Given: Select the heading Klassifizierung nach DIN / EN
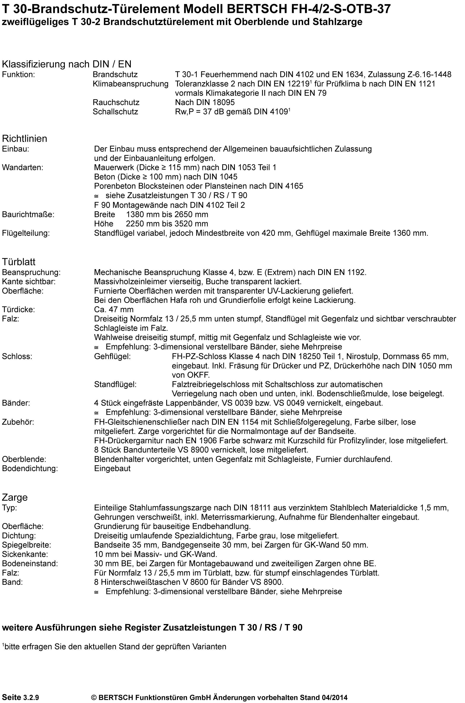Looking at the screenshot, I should pyautogui.click(x=66, y=64).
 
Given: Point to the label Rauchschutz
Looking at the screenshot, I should pyautogui.click(x=116, y=102).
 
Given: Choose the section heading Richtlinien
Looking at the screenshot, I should pyautogui.click(x=25, y=139).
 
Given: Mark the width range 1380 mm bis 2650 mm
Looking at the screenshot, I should pyautogui.click(x=167, y=214).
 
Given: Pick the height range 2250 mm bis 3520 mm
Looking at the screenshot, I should pyautogui.click(x=167, y=224).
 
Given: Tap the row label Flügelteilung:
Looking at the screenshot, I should pyautogui.click(x=26, y=233).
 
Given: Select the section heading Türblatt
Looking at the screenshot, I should pyautogui.click(x=19, y=262).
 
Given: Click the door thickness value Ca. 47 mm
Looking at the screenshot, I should pyautogui.click(x=114, y=310).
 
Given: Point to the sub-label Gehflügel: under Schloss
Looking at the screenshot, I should pyautogui.click(x=112, y=356).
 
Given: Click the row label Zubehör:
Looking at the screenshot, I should pyautogui.click(x=18, y=422).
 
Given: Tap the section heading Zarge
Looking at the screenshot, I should pyautogui.click(x=15, y=497).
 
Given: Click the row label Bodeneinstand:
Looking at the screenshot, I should pyautogui.click(x=30, y=563).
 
